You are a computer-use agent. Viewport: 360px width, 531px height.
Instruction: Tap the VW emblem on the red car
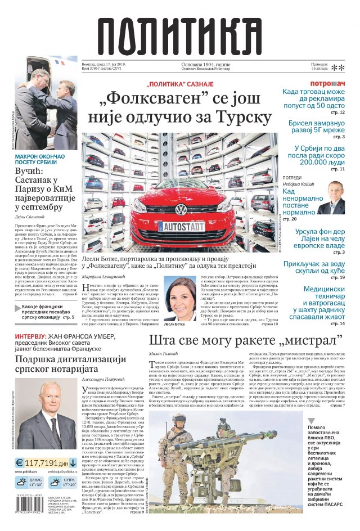[x=181, y=209]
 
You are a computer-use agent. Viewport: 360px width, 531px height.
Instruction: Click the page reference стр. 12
[x=337, y=112]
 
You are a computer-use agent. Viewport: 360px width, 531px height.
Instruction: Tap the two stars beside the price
[x=337, y=68]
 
